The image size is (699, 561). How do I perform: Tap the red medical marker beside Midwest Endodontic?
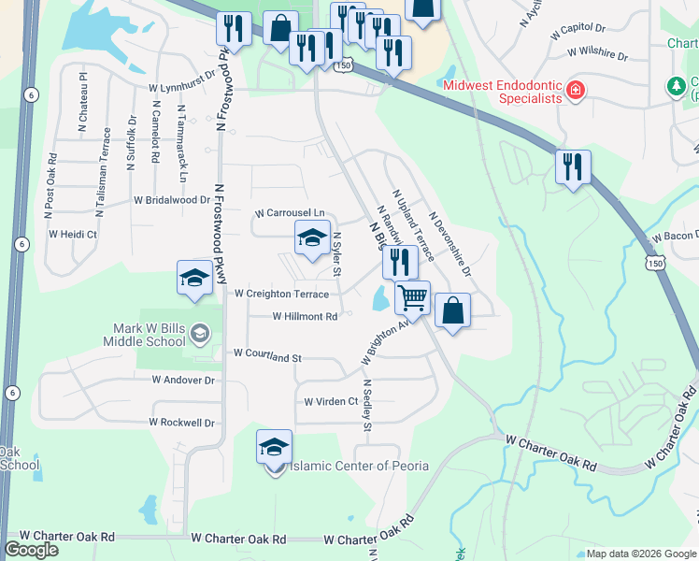point(576,91)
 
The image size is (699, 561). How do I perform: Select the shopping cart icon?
point(412,298)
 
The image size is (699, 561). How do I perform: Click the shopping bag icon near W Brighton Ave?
point(452,311)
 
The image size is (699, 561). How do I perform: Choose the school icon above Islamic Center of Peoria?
point(275,447)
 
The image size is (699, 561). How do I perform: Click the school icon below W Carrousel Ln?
point(312,238)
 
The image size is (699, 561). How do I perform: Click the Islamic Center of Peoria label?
point(360,466)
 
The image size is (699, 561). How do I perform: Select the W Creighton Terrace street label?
point(281,294)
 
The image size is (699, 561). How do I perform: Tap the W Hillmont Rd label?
point(305,317)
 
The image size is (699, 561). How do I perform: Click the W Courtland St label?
point(267,355)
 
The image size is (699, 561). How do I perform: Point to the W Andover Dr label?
point(183,381)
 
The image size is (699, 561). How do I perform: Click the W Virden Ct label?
point(332,401)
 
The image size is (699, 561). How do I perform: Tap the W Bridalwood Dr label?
point(172,200)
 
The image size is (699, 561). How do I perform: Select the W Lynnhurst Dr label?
point(182,88)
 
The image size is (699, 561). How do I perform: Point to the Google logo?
point(31,550)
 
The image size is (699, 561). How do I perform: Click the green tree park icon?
point(677,86)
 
